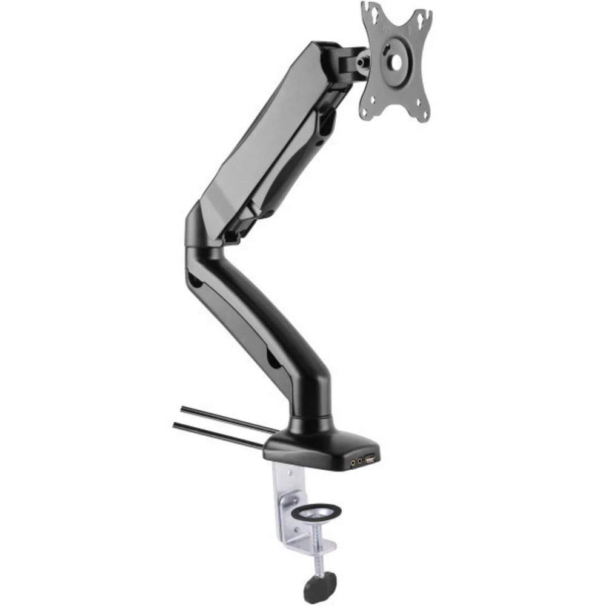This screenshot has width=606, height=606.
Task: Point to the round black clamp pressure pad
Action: pos(315,513)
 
